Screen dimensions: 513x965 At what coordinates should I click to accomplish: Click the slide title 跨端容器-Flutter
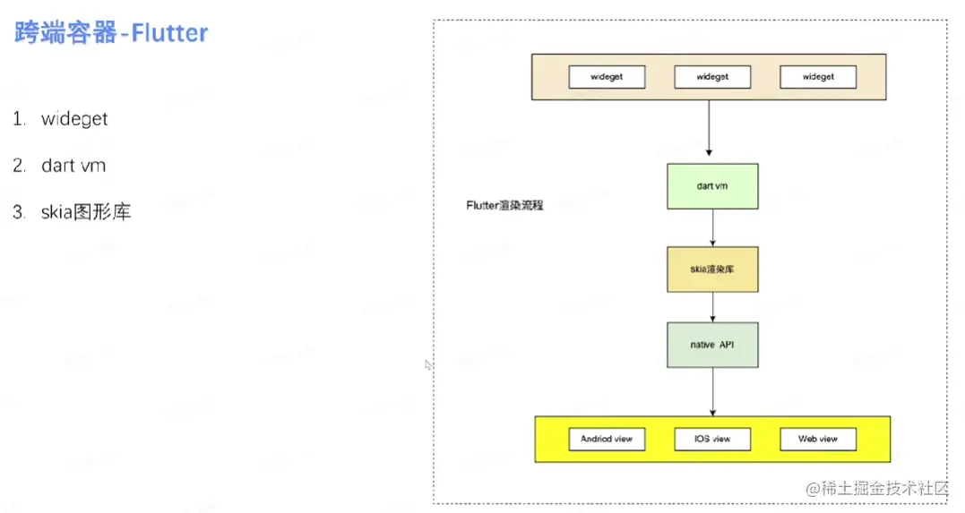coord(111,34)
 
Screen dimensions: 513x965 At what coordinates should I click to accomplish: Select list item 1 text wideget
coord(74,119)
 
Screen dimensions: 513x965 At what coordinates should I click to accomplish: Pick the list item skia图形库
coord(86,212)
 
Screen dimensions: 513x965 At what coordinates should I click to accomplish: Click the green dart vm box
coord(712,186)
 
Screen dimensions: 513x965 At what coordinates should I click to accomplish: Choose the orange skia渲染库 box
coord(712,269)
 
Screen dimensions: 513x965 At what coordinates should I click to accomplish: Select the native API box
coord(712,345)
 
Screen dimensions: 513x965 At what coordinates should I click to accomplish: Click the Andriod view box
coord(607,439)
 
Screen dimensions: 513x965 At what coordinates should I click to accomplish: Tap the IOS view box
coord(712,439)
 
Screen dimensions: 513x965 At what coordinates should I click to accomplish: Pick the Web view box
coord(817,439)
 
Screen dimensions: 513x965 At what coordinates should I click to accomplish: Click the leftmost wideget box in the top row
coord(607,77)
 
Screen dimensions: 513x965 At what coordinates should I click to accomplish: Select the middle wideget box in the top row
coord(712,77)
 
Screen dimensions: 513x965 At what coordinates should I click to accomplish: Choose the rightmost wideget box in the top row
coord(817,77)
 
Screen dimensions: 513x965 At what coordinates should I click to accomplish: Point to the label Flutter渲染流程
coord(504,205)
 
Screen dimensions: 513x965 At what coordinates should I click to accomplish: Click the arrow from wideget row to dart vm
coord(710,130)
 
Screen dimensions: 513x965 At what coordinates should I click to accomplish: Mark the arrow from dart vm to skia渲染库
coord(712,227)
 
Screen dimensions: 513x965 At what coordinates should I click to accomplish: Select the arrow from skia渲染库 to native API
coord(712,307)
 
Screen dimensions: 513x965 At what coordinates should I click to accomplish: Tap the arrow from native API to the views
coord(712,391)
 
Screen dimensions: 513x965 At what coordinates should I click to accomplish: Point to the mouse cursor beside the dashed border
coord(428,364)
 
